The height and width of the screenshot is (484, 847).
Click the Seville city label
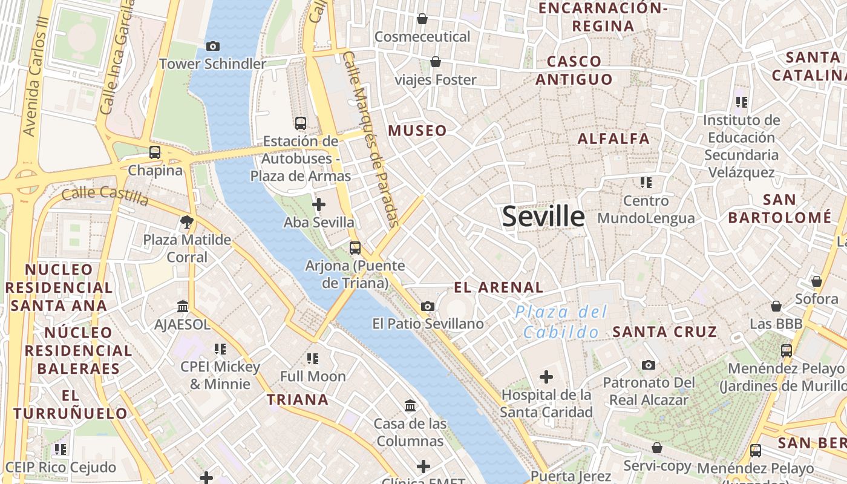[x=543, y=217]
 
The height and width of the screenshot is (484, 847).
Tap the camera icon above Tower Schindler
[x=212, y=46]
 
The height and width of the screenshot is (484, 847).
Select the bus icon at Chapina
[x=155, y=152]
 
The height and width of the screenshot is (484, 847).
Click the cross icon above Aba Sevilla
[x=318, y=205]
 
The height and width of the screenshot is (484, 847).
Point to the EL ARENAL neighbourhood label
[x=499, y=287]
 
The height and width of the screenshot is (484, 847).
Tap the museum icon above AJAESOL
[x=183, y=307]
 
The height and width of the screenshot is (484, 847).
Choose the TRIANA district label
[x=298, y=399]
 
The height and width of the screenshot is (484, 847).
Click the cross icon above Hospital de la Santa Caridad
[x=546, y=378]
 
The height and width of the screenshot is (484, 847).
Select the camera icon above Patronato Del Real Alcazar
[x=648, y=365]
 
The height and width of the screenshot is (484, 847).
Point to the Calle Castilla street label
[x=105, y=195]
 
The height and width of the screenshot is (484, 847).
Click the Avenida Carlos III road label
[x=35, y=76]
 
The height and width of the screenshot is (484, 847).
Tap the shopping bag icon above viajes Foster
[x=435, y=62]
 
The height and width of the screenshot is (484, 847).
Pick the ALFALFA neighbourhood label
[x=613, y=139]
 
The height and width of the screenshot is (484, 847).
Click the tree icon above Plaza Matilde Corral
[x=187, y=222]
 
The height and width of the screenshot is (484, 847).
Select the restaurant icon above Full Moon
[x=312, y=359]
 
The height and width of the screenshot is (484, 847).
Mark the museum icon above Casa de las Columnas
[x=410, y=405]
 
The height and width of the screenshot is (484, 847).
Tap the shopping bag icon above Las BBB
[x=776, y=307]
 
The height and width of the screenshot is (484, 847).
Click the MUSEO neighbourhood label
[x=417, y=131]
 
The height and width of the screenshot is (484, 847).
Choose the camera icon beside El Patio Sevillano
[x=428, y=306]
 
